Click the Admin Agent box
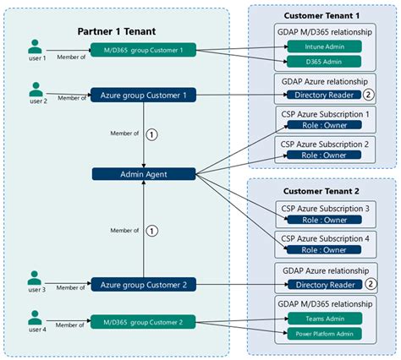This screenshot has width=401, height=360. tap(144, 174)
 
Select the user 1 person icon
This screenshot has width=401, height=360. tap(35, 46)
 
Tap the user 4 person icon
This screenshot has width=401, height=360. tap(35, 319)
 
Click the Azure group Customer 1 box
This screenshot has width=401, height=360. tap(144, 95)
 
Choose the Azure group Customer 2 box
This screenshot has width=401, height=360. tap(144, 285)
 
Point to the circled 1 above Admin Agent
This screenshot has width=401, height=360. tap(152, 133)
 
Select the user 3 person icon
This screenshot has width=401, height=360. tap(35, 279)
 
